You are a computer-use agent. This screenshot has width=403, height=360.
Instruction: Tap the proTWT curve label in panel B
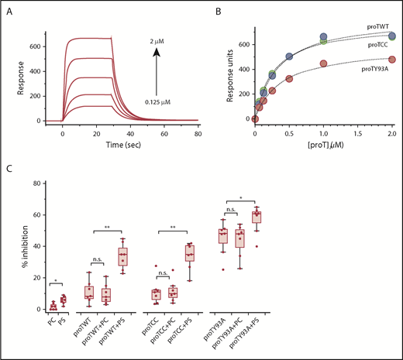(x=378, y=26)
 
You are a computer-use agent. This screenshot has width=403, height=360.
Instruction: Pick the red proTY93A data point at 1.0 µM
(x=323, y=64)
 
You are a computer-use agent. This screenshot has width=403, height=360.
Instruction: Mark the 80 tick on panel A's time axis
(x=198, y=132)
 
